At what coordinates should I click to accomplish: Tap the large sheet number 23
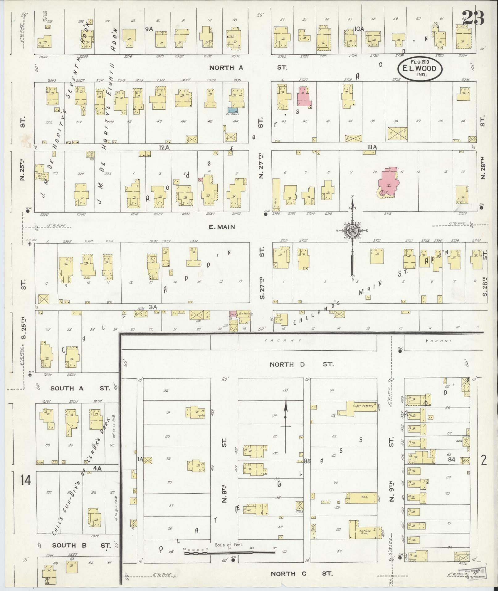tap(474, 18)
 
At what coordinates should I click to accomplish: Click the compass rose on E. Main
tap(352, 230)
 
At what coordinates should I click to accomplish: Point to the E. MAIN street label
tap(222, 227)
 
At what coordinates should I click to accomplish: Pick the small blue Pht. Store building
tap(232, 110)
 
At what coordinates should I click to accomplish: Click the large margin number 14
tap(26, 480)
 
